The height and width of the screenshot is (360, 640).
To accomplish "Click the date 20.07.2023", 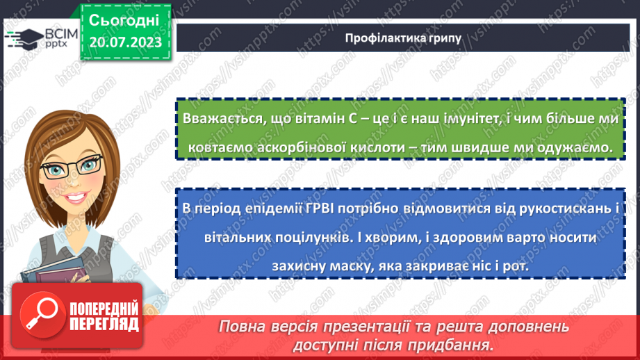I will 125,42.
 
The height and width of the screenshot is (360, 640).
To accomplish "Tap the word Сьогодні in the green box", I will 125,19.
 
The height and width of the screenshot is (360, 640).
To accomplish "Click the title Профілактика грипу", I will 403,38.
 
